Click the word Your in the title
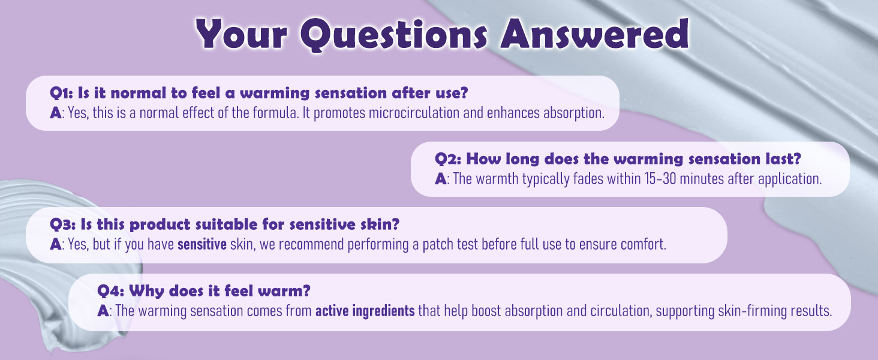click(x=242, y=34)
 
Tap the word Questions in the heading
click(x=394, y=35)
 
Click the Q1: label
click(x=62, y=94)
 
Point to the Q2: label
click(x=448, y=159)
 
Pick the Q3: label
click(x=63, y=225)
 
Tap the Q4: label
click(x=111, y=291)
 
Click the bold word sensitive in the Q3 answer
click(x=202, y=244)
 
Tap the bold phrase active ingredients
click(x=365, y=311)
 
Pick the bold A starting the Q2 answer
click(x=441, y=179)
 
